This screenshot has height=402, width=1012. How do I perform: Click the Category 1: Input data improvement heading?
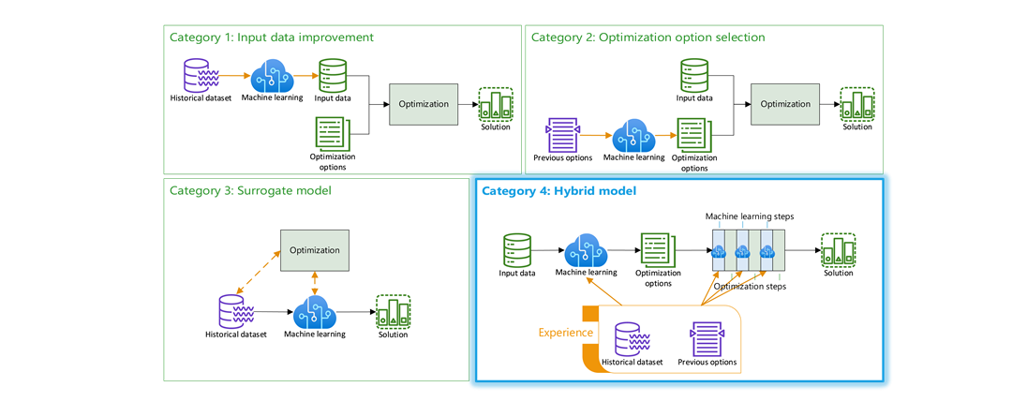coord(272,37)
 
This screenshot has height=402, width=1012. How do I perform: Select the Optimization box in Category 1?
coord(424,104)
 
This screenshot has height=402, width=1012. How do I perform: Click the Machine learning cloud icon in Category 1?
coord(272,74)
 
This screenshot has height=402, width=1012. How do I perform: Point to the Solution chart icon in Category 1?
coord(496,104)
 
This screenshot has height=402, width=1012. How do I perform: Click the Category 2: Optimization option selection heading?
coord(647,37)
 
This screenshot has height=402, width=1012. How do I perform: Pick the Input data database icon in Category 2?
coord(694,74)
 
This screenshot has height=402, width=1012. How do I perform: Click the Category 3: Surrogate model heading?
coord(250,190)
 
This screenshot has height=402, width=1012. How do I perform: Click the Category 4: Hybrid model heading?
coord(558,190)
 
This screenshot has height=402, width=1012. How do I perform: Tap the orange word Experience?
coord(565,332)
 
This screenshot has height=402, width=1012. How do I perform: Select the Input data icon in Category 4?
coord(517,249)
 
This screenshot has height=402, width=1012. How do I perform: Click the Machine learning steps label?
coord(750,216)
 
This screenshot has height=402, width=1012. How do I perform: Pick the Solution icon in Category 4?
coord(839,249)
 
